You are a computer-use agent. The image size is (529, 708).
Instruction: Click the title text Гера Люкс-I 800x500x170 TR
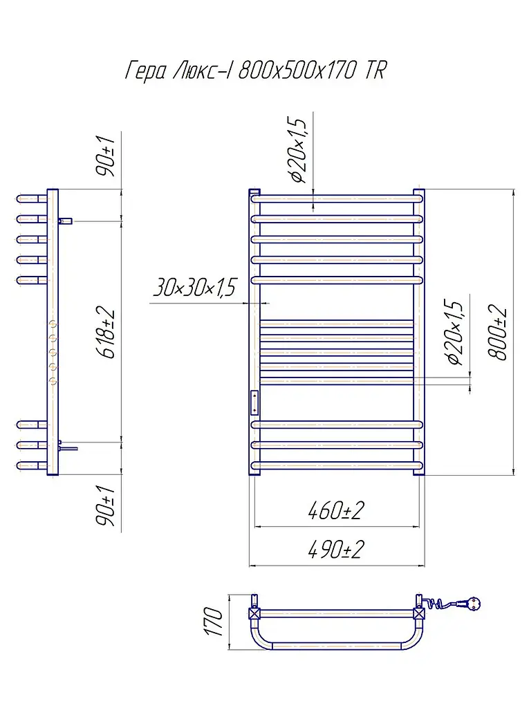[x=256, y=71]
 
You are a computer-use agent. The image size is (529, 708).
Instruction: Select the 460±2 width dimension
[x=335, y=511]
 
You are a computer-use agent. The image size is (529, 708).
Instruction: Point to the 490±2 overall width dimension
[x=335, y=550]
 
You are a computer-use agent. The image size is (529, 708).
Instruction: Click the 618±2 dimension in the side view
[x=107, y=334]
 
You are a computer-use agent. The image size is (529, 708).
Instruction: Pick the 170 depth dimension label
[x=213, y=622]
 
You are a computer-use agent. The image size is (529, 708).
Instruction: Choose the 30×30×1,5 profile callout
[x=195, y=287]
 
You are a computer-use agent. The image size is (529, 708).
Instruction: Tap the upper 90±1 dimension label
[x=107, y=155]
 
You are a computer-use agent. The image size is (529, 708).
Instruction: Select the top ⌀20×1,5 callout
[x=298, y=149]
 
